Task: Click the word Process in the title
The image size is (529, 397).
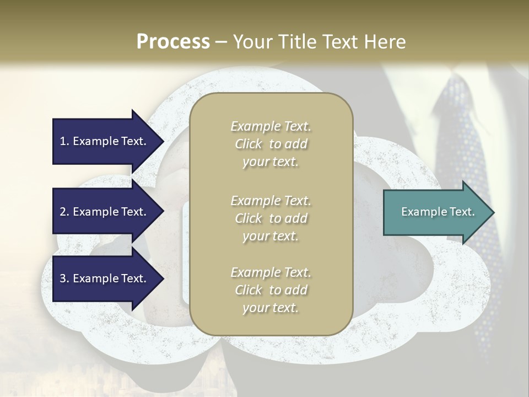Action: pos(173,42)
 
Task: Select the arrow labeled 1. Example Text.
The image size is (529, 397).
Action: pos(105,141)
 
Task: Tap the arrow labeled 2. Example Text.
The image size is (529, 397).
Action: pos(105,212)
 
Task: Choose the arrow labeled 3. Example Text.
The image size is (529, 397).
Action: pos(105,278)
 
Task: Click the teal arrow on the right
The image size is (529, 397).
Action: pos(435,212)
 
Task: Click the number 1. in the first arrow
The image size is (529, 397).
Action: pos(64,141)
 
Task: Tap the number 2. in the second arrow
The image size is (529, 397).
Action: pos(64,212)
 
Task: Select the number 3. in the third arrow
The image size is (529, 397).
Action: pos(64,278)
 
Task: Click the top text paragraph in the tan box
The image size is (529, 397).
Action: pos(271,144)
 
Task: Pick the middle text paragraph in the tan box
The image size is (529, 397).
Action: pos(271,218)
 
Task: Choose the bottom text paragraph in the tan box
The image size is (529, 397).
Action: pos(271,290)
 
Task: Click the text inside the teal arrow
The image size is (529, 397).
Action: pos(438,212)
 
